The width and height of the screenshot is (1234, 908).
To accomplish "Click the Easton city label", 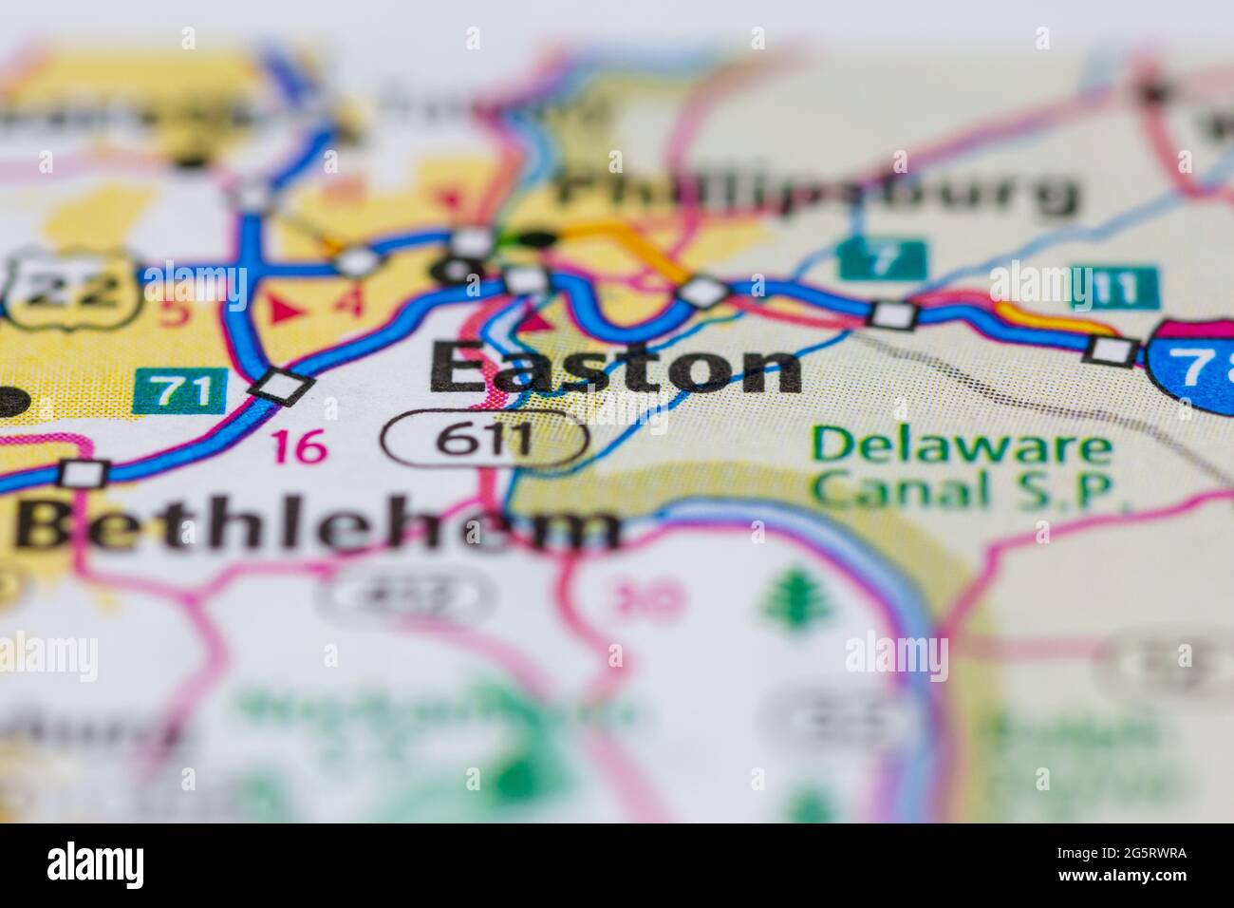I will (x=615, y=369).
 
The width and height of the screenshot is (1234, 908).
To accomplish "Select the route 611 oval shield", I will (x=485, y=440).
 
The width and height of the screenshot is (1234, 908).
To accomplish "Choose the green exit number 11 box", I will (x=1114, y=289).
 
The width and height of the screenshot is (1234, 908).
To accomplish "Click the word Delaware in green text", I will (x=960, y=445).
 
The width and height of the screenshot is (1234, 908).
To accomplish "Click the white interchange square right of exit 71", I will (x=281, y=387).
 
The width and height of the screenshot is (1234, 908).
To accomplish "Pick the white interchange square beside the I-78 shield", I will (x=1112, y=350).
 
